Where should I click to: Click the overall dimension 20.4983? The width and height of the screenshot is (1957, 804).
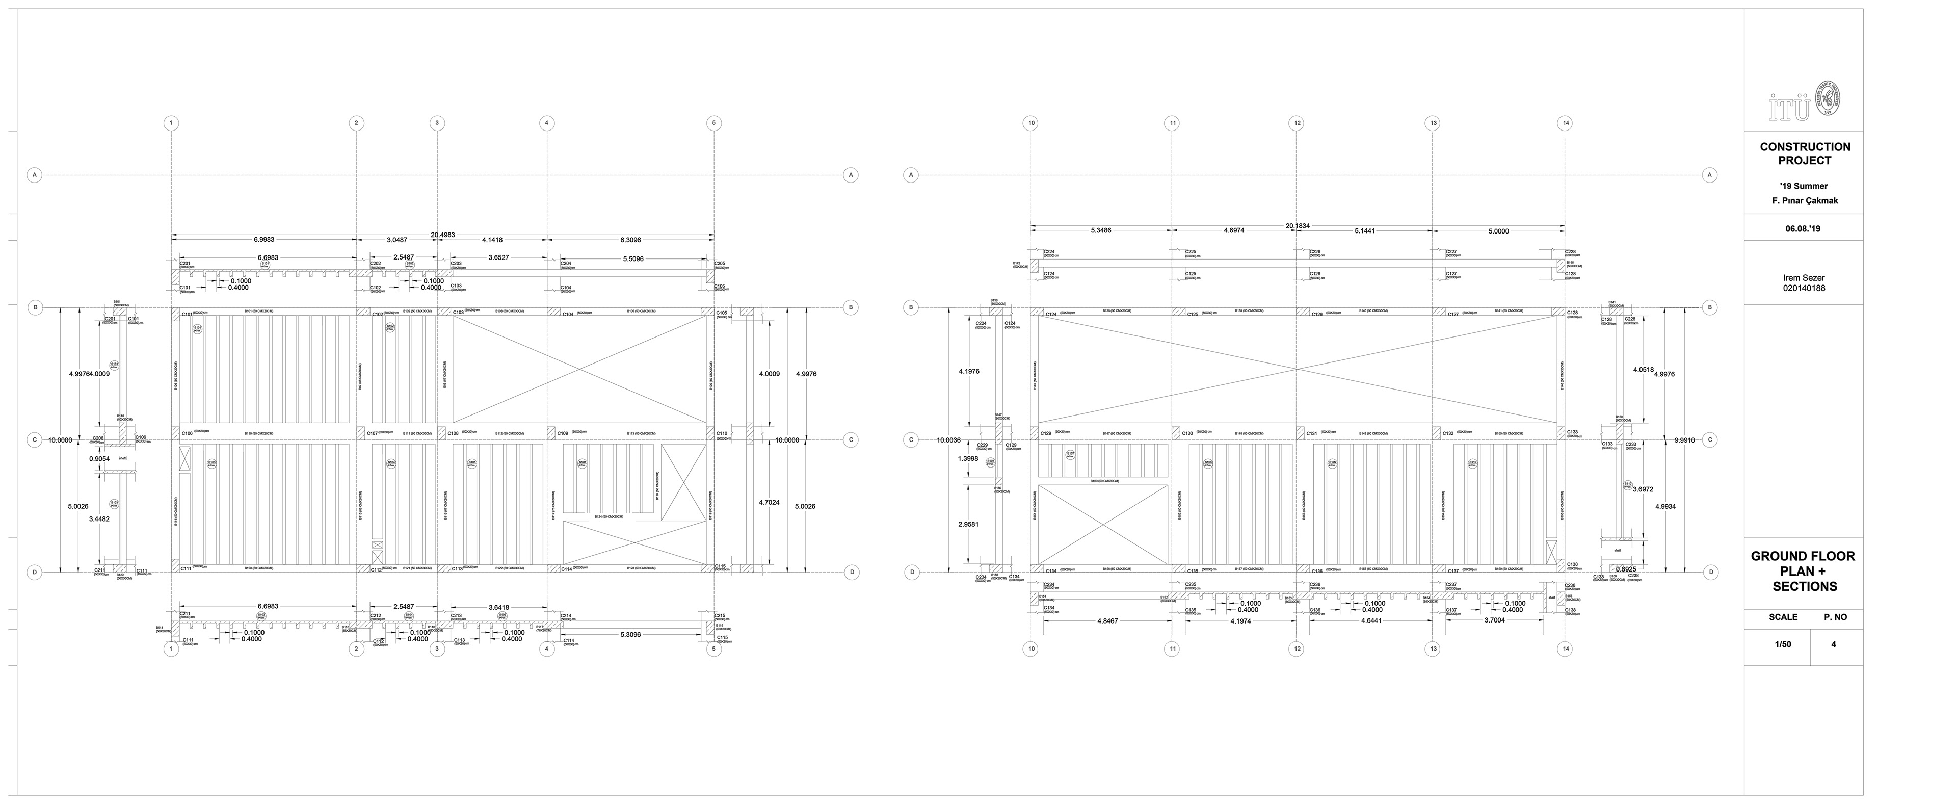pos(442,235)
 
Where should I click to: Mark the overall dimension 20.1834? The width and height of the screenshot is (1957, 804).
pos(1297,226)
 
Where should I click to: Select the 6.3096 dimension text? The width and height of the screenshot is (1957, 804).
pos(630,240)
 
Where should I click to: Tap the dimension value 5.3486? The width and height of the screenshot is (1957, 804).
pos(1101,230)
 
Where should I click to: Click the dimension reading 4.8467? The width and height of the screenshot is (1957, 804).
pos(1107,621)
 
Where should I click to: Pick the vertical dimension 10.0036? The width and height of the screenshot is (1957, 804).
pos(949,440)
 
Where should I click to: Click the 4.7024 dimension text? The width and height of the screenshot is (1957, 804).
pos(769,502)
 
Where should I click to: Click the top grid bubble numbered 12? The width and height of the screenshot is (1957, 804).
pos(1297,123)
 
